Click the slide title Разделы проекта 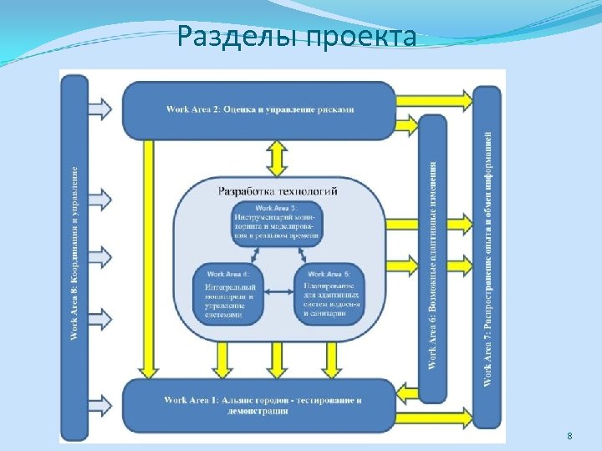coord(297,37)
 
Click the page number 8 coord(569,436)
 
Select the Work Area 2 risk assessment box coord(259,109)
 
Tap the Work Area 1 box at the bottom coord(259,404)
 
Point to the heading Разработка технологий coord(278,190)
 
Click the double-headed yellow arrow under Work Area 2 coord(276,156)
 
